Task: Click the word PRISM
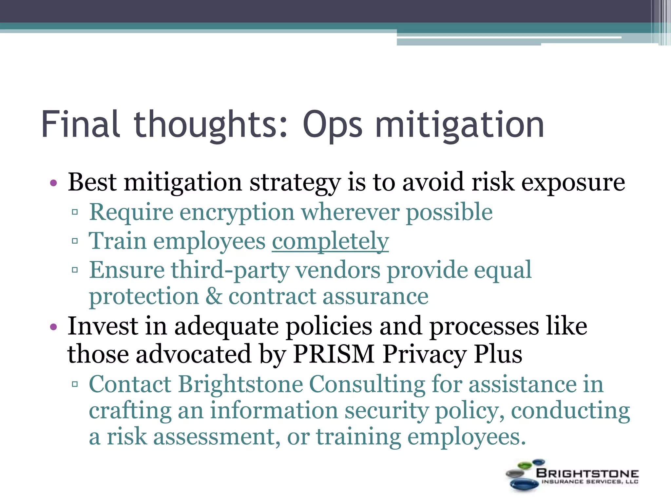334,354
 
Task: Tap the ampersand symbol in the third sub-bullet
214,296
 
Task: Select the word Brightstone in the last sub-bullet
240,384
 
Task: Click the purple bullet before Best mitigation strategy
54,183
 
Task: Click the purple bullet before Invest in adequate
54,327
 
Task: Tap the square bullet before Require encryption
75,212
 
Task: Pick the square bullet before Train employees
75,241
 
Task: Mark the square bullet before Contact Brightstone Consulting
75,384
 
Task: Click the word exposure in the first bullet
573,183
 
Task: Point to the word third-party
230,270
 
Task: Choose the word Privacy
425,354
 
